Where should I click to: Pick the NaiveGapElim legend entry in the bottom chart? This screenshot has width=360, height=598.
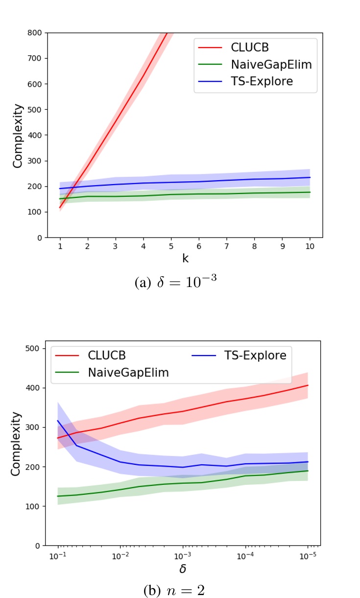tap(128, 373)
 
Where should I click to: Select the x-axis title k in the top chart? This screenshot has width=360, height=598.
tap(185, 259)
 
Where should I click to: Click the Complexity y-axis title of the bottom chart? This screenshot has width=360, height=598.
tap(16, 444)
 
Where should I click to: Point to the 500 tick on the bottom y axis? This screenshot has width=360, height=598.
tap(32, 348)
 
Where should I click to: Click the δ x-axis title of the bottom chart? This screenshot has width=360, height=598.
tap(182, 569)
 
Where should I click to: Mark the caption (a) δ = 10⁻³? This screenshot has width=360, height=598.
tap(180, 283)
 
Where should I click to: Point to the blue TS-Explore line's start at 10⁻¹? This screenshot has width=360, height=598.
tap(58, 420)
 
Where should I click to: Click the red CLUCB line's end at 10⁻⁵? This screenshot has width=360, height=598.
tap(308, 385)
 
